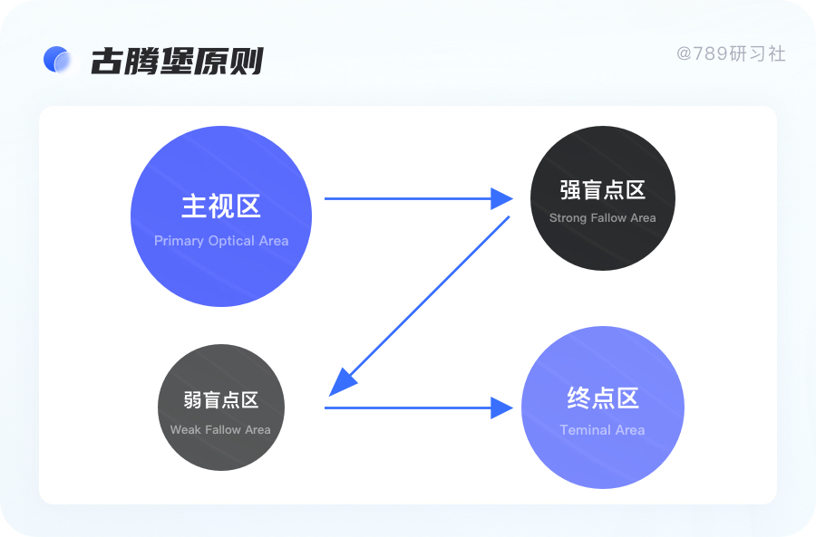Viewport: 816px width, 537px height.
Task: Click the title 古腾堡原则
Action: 177,61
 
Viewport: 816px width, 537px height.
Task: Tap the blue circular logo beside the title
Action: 57,60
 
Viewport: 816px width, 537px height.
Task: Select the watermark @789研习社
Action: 730,53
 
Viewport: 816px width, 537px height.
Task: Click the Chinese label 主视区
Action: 221,206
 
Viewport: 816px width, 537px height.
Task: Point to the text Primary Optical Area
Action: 221,241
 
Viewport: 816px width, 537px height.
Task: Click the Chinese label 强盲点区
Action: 602,190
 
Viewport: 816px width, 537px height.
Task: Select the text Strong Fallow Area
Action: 602,218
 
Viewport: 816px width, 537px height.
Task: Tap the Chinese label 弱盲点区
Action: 220,400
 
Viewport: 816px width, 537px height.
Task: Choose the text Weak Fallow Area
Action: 220,430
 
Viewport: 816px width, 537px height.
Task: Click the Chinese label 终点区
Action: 603,398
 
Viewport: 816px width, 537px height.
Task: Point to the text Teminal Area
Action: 602,430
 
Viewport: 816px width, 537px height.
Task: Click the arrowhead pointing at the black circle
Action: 502,198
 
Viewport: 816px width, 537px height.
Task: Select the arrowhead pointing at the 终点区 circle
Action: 502,408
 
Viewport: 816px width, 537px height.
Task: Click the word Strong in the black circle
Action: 568,218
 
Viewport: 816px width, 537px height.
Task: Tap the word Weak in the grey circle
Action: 185,430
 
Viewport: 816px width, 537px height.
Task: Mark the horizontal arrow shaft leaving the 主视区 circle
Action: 408,198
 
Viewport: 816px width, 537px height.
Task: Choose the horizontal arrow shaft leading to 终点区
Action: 408,408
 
